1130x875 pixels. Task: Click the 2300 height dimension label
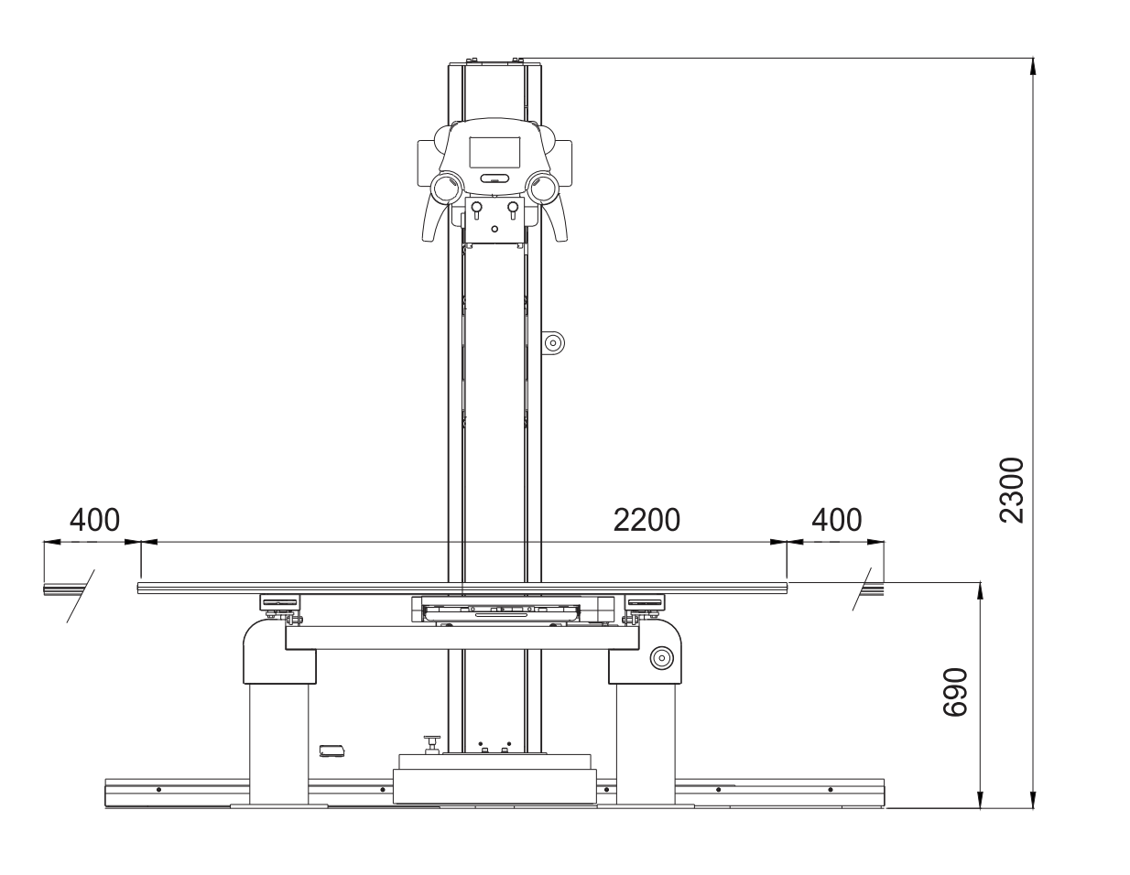point(1012,489)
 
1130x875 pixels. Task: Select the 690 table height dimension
point(956,692)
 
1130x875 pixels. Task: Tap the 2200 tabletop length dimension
point(646,520)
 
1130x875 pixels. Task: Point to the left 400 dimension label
point(94,520)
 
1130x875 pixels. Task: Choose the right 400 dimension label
point(837,520)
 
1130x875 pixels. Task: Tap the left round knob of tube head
point(448,189)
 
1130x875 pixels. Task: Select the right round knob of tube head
point(543,189)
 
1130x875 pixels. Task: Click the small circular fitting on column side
point(553,343)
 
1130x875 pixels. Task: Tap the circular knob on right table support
point(660,657)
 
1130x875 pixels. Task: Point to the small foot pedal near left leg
point(331,751)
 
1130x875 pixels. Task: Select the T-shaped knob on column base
point(430,742)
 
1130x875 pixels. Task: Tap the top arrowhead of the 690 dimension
point(981,589)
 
